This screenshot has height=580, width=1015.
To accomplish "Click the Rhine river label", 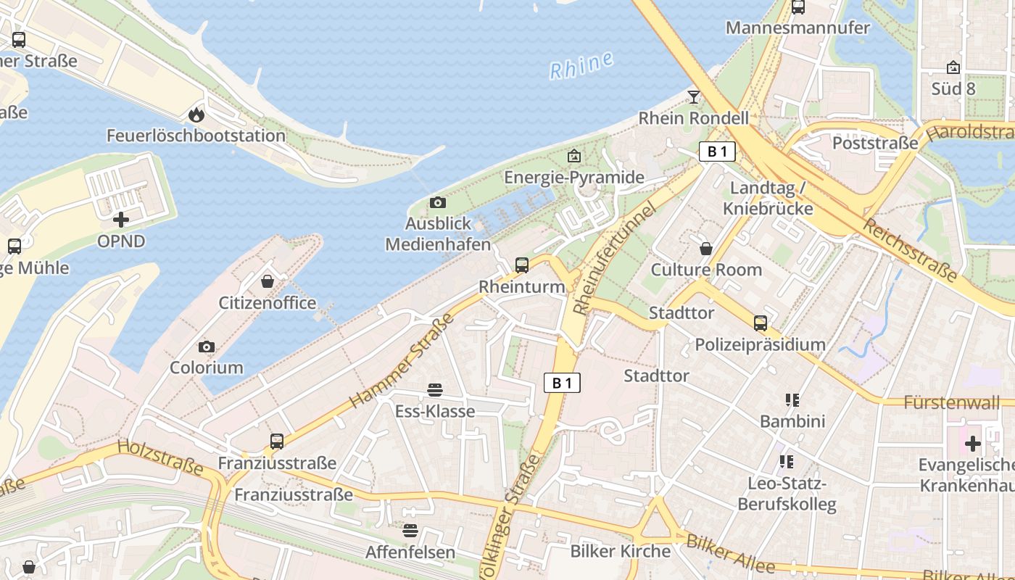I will click(581, 65).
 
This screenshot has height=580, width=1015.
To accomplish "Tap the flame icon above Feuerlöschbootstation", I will click(196, 115).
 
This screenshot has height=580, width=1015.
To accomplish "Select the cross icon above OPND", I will click(121, 219).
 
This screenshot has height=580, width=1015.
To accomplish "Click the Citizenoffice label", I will click(268, 302).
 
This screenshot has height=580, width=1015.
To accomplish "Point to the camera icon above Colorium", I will click(207, 347).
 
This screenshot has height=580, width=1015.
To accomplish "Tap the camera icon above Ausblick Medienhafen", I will click(437, 202).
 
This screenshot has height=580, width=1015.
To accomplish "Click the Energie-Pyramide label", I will click(573, 178).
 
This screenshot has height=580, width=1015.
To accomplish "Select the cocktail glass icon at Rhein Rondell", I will click(694, 96).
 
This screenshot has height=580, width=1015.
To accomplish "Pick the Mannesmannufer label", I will click(797, 28).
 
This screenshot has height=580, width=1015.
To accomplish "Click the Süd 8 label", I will click(953, 88).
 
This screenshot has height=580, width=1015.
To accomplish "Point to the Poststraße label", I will click(875, 143).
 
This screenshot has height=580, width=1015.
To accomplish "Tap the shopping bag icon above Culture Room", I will click(706, 249).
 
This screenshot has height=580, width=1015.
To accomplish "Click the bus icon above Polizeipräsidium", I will click(760, 323).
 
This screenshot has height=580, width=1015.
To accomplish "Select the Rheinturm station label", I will click(522, 286).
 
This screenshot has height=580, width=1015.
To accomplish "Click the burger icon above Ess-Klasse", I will click(435, 390).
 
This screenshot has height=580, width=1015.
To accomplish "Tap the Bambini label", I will click(792, 420).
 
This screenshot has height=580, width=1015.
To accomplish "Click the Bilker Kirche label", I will click(621, 551).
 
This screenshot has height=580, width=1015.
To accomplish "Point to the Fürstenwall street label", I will click(951, 402).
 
